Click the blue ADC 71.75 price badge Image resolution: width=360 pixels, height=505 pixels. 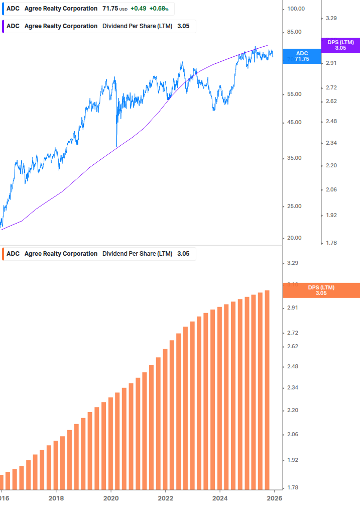coord(302,56)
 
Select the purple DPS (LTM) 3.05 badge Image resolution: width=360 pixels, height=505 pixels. coord(340,45)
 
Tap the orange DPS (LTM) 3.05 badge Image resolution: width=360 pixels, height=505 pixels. coord(321,290)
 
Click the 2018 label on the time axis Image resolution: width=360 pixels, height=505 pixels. coord(56,498)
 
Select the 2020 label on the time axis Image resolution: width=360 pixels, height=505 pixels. coord(110,498)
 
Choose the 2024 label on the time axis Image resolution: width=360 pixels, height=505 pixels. coord(220,498)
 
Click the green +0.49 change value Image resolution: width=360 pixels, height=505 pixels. coord(139,9)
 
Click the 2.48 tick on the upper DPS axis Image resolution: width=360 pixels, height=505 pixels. coord(331,122)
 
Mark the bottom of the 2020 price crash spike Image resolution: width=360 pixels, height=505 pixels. coord(116,146)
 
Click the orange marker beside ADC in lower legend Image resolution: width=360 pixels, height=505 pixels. coord(3,254)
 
